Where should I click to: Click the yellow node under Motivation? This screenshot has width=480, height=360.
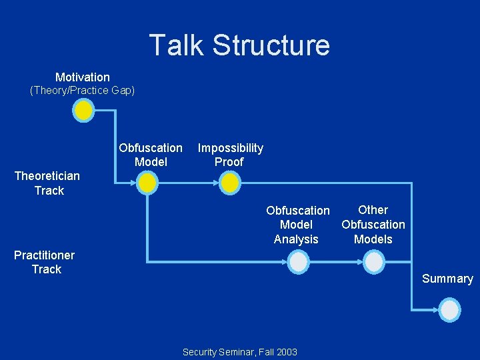click(83, 111)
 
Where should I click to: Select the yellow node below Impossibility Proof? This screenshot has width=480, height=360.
click(229, 182)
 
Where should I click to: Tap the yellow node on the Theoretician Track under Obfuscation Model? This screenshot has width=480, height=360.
click(147, 182)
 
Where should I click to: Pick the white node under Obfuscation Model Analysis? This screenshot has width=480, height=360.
click(299, 263)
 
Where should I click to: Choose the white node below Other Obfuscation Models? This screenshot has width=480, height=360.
click(373, 263)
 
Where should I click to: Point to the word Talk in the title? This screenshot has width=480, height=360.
click(176, 45)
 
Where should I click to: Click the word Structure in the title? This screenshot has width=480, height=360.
click(271, 45)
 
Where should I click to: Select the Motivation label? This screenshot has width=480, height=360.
click(83, 77)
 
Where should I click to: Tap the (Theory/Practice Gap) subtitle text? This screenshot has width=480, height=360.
click(83, 91)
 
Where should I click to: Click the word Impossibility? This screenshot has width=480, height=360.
click(231, 148)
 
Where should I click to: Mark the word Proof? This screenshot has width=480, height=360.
click(229, 162)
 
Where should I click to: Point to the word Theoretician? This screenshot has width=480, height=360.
click(47, 176)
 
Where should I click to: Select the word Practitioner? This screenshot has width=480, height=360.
click(45, 255)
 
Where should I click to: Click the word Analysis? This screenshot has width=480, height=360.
click(296, 239)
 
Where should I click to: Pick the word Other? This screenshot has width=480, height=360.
click(373, 210)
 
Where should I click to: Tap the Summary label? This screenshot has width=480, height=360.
click(447, 279)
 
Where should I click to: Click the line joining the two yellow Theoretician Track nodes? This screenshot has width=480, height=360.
click(188, 182)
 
